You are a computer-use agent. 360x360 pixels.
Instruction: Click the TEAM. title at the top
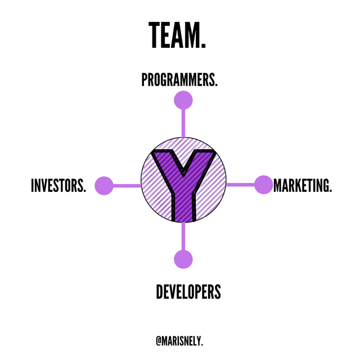point(177,35)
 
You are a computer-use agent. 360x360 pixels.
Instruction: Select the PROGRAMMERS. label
point(179,80)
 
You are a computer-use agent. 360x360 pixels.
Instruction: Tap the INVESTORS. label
point(58,185)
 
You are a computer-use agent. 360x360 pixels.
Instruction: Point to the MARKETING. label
point(303,185)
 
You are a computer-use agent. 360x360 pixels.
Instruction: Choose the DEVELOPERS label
point(188,291)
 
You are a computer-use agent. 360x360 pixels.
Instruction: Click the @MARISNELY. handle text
point(179,341)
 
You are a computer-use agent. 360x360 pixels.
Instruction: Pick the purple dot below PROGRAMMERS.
point(183,100)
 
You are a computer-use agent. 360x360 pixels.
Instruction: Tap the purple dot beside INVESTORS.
point(104,186)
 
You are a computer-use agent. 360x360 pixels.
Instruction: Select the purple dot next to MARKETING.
point(264,184)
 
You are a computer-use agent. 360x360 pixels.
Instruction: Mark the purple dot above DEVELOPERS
point(183,259)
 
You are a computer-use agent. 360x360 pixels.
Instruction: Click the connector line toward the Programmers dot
point(183,123)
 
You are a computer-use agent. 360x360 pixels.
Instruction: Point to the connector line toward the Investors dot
point(127,186)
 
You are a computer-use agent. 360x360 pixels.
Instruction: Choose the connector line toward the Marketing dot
point(240,184)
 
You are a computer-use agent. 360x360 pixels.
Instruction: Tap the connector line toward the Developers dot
point(183,236)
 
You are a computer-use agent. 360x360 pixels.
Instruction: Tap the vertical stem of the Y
point(183,206)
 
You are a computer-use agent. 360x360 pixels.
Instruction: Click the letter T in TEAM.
point(156,35)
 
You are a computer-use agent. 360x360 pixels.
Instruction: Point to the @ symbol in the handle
point(159,341)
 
